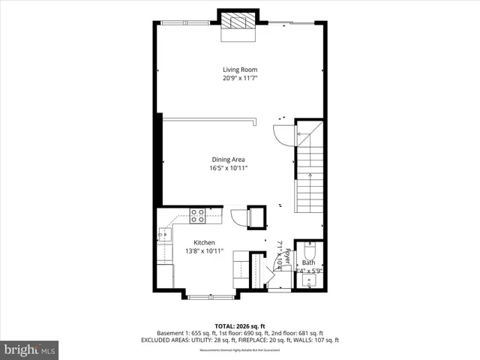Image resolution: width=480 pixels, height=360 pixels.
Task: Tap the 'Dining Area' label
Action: pyautogui.click(x=228, y=159)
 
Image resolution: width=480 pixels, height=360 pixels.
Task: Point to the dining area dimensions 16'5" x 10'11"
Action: pyautogui.click(x=228, y=168)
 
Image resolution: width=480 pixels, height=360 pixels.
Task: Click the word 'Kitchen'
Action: pyautogui.click(x=204, y=242)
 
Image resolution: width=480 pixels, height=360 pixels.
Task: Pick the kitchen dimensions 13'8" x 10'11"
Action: pyautogui.click(x=204, y=251)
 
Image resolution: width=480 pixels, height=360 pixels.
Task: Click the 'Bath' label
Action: pyautogui.click(x=308, y=262)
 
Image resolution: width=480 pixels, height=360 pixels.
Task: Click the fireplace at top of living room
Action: pyautogui.click(x=238, y=20)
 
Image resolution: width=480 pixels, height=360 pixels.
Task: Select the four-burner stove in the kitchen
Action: pyautogui.click(x=198, y=217)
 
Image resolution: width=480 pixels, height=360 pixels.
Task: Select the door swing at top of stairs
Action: pyautogui.click(x=283, y=136)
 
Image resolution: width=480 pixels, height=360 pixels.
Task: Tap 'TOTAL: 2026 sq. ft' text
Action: pyautogui.click(x=239, y=325)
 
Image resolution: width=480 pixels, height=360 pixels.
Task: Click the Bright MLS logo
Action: pyautogui.click(x=30, y=349)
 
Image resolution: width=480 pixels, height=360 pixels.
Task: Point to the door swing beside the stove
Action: pyautogui.click(x=239, y=217)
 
